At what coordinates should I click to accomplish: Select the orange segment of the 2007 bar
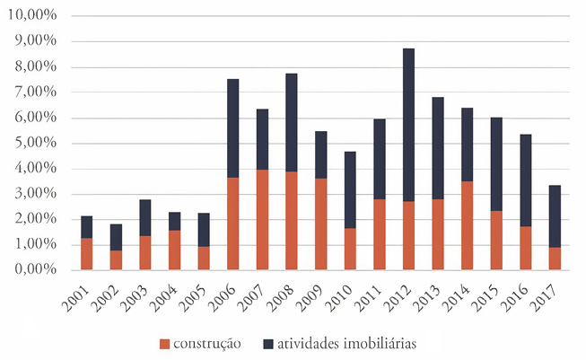point(262,219)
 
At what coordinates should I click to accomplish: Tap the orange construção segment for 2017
point(555,258)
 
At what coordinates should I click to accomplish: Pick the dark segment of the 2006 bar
point(232,127)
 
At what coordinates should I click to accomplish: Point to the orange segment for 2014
point(467,224)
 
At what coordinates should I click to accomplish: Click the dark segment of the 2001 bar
point(86,226)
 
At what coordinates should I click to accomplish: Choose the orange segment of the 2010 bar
point(350,248)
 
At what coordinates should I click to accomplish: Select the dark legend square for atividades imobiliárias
point(269,342)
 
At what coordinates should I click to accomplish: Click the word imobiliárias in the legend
point(378,342)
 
